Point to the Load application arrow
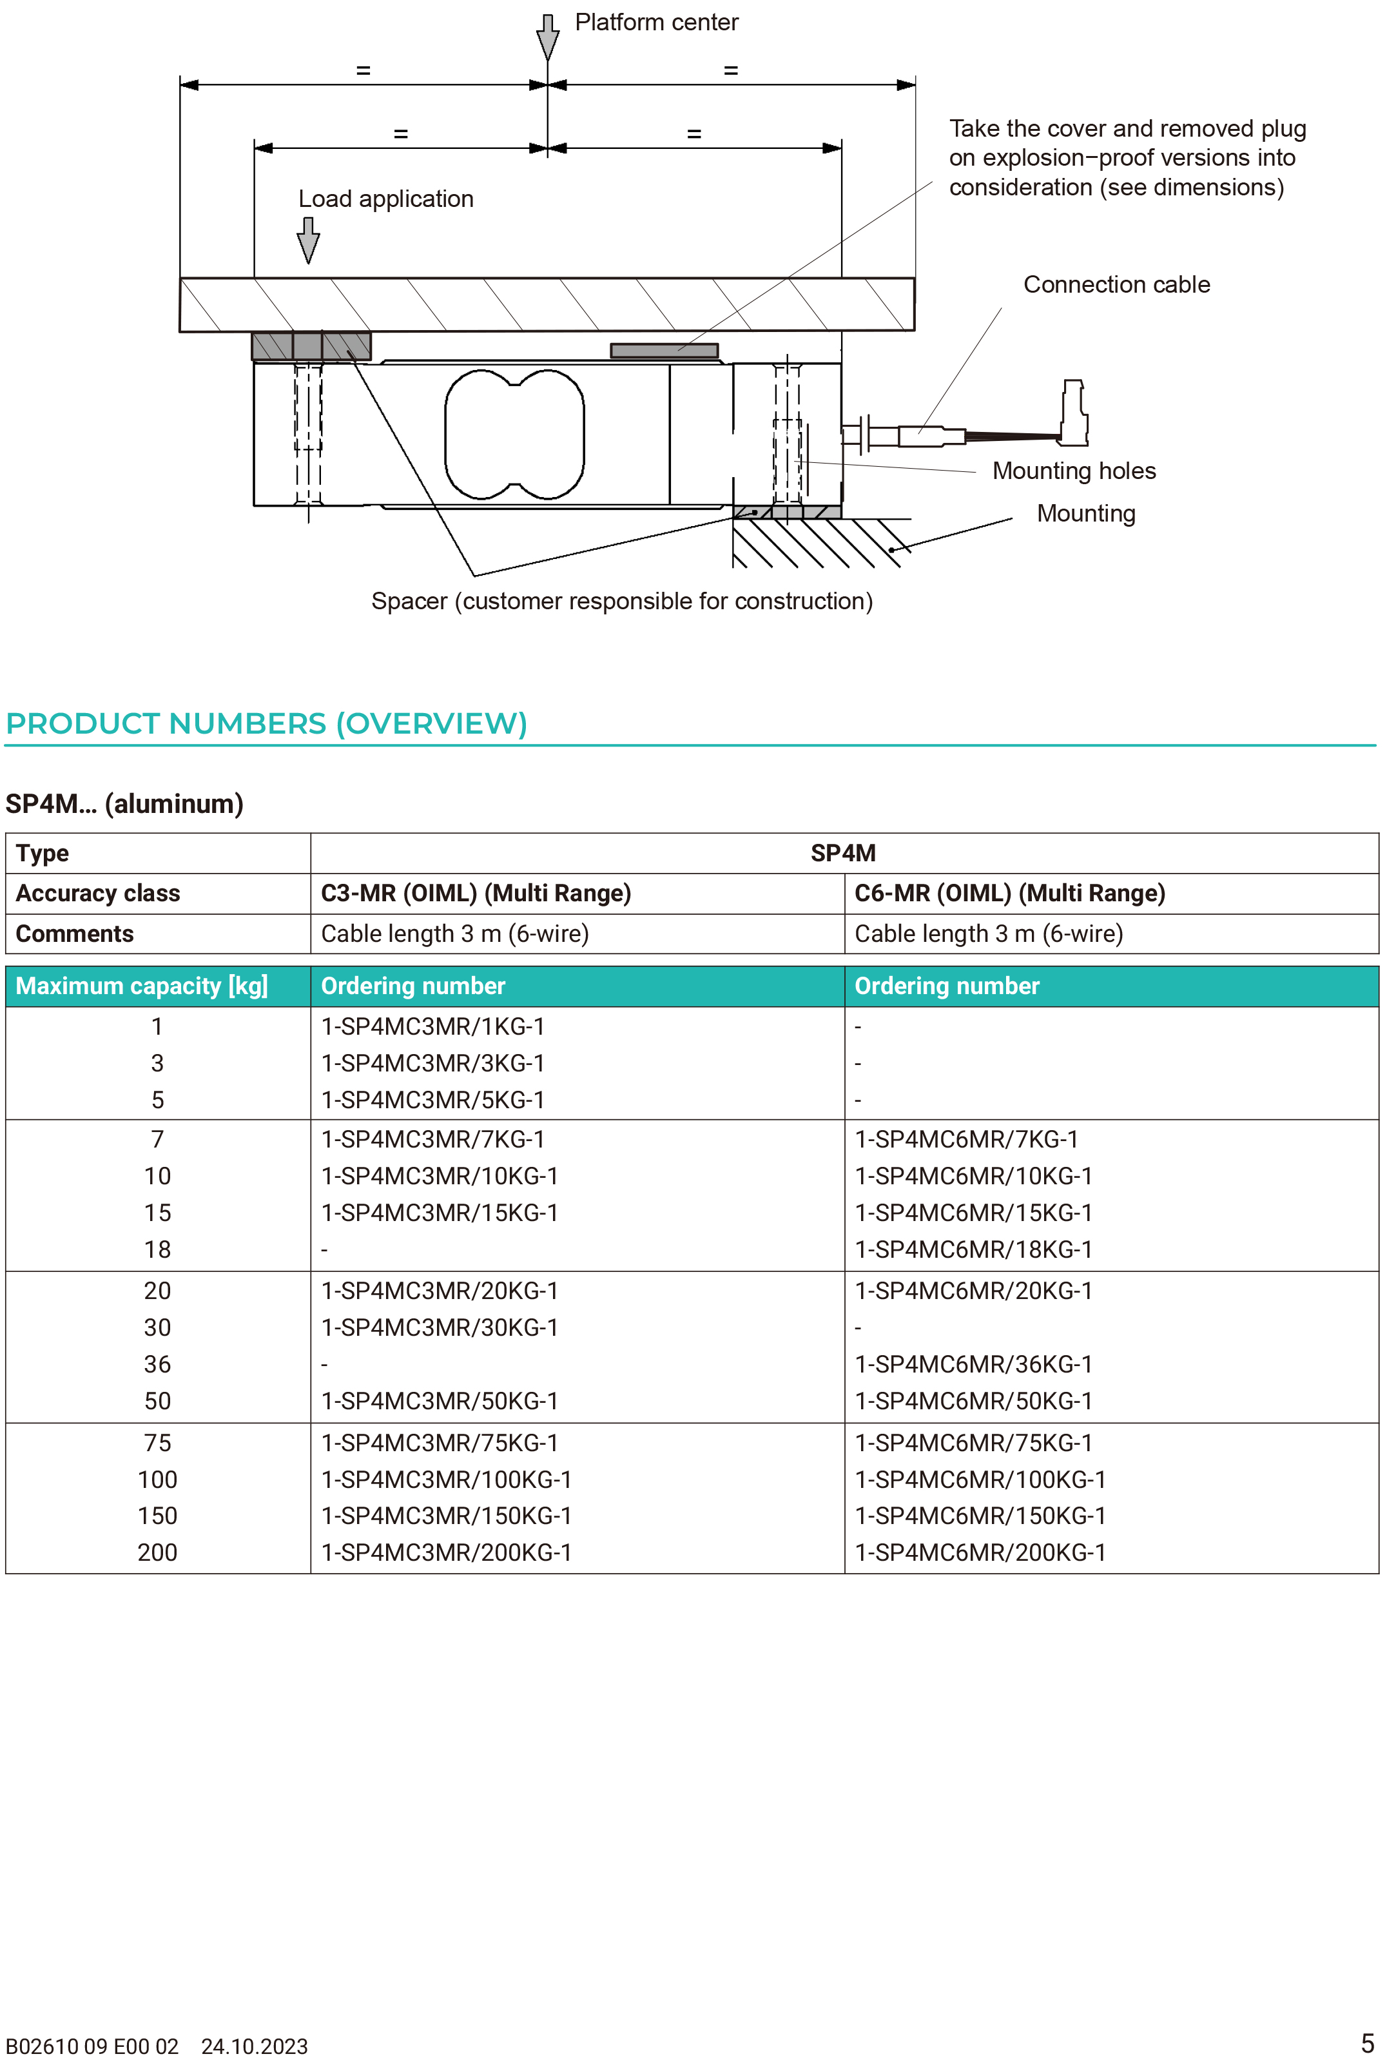308,240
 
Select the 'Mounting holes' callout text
1074,471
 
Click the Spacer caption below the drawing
622,601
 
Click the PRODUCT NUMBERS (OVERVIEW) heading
266,723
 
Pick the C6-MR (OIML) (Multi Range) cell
1009,894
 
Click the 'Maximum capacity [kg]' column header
142,986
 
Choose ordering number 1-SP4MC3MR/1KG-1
432,1026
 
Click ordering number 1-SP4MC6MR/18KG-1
973,1249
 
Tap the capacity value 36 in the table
157,1364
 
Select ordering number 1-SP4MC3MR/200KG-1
446,1552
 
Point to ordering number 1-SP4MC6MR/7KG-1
966,1139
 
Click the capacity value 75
157,1443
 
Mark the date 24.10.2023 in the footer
255,2046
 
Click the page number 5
1366,2044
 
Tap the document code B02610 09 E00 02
92,2046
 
